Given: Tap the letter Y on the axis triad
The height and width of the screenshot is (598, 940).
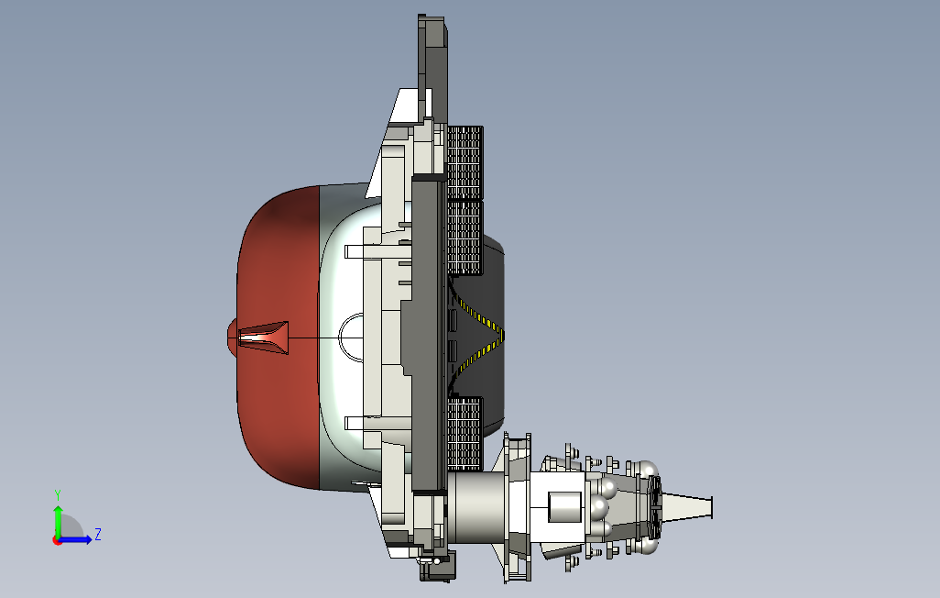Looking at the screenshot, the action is [x=58, y=495].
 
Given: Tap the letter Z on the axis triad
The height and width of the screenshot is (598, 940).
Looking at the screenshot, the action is [x=98, y=534].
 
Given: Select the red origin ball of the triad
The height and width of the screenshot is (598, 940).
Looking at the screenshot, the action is [x=57, y=540].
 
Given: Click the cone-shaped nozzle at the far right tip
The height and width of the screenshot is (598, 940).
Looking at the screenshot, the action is [x=687, y=507].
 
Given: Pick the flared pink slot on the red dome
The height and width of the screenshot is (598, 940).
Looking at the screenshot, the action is [x=264, y=338].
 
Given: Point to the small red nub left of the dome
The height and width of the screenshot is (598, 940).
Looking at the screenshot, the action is [x=232, y=338].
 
